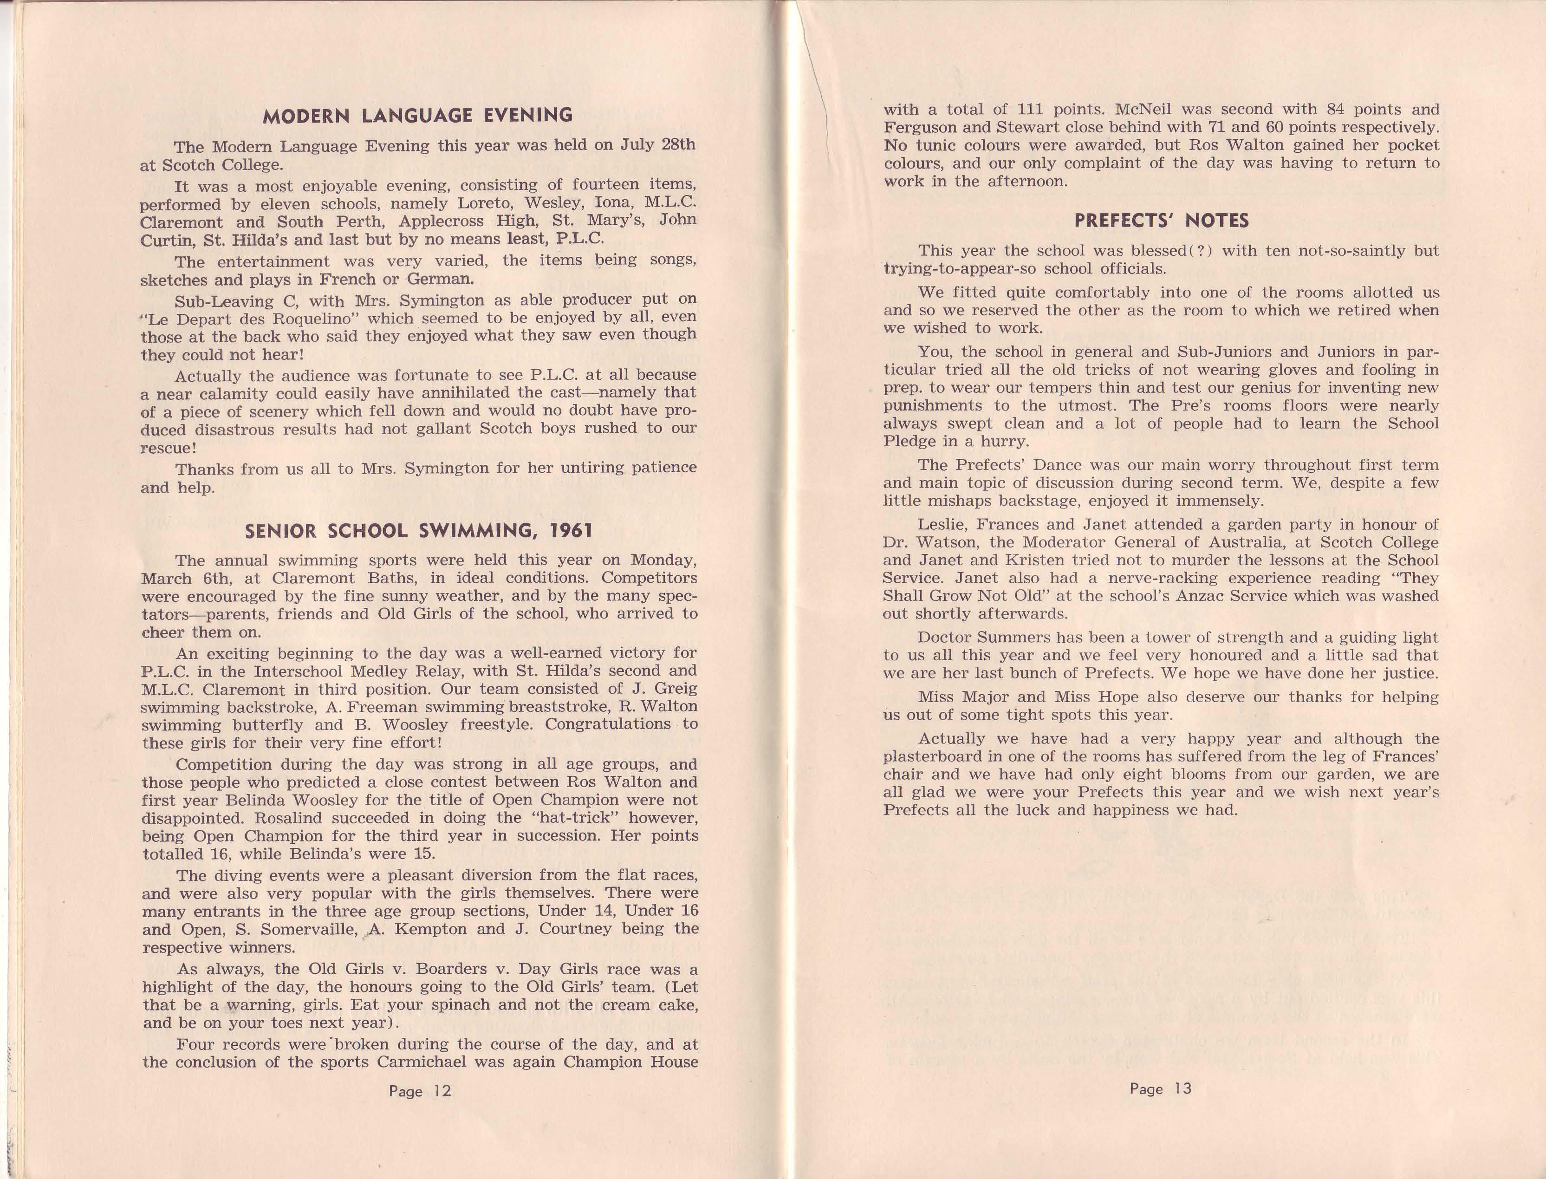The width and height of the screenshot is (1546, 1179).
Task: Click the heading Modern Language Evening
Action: point(417,116)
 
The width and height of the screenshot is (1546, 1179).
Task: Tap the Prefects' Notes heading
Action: point(1161,221)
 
